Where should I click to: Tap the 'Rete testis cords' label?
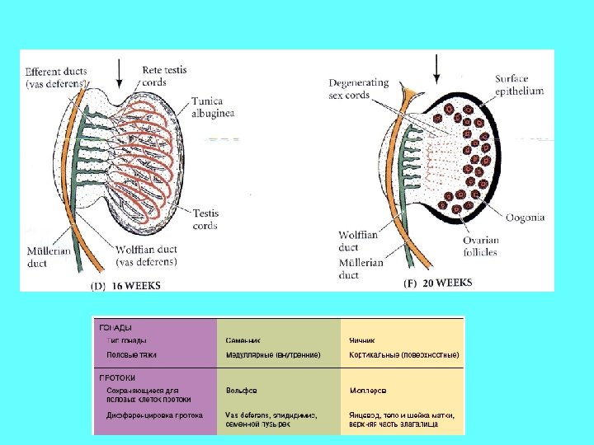164,77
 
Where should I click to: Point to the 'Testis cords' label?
205,219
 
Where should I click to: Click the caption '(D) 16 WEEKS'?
125,286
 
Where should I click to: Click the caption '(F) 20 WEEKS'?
437,283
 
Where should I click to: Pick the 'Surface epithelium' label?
519,85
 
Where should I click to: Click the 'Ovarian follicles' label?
503,246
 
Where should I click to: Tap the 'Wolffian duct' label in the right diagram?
359,241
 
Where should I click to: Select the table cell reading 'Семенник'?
243,340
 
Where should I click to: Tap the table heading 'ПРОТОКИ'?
119,377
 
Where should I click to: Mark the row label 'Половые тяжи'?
132,354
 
